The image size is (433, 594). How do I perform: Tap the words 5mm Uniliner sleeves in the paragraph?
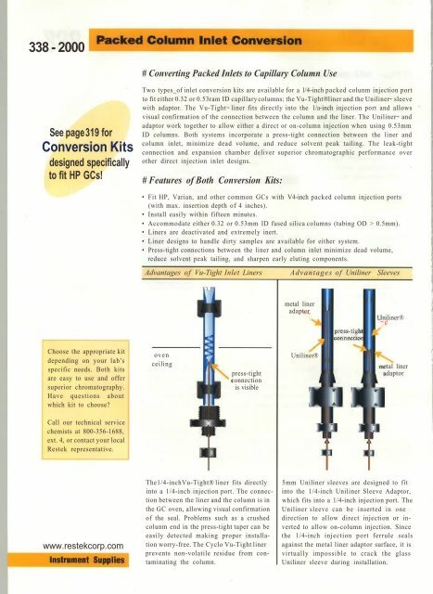tap(320, 510)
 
